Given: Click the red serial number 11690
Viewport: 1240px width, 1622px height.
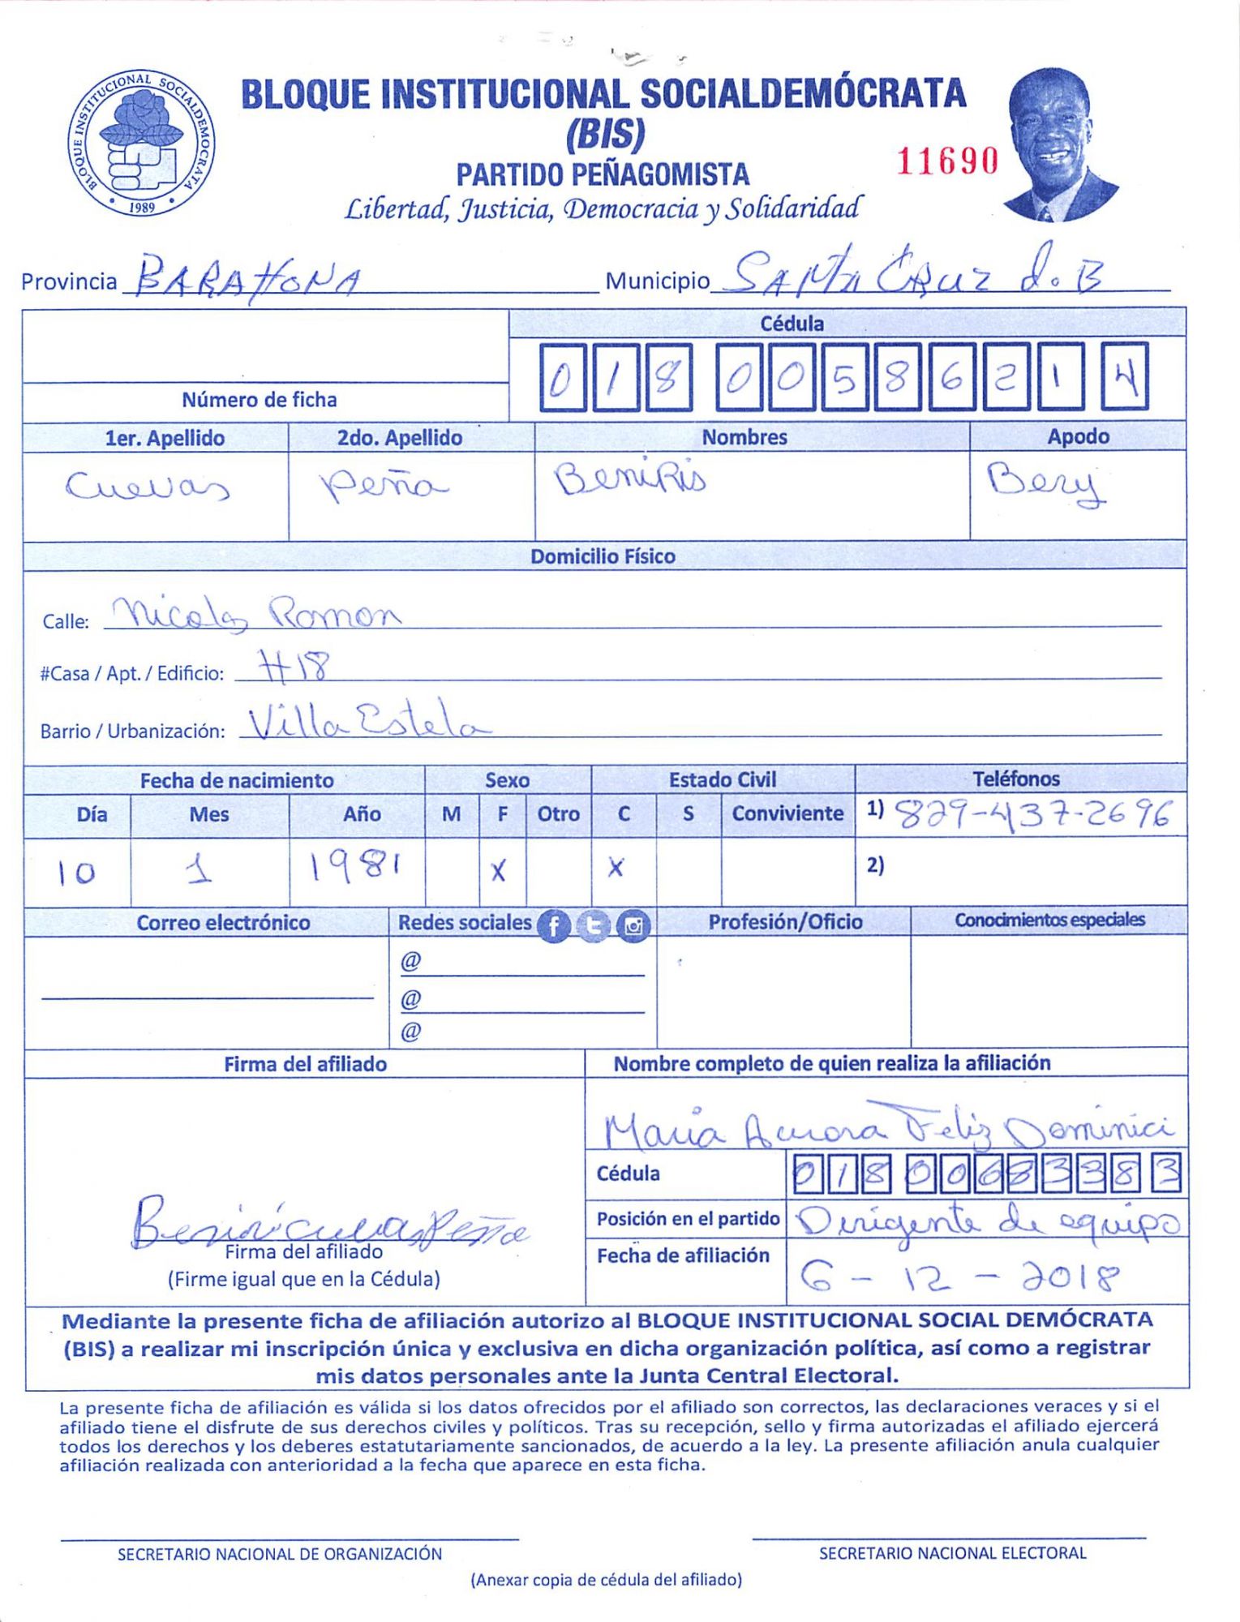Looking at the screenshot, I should tap(946, 161).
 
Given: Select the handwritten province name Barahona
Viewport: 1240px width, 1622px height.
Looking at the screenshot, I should tap(247, 278).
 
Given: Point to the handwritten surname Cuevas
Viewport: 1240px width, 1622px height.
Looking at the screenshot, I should tap(148, 487).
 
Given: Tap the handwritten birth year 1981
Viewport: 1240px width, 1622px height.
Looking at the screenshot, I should tap(354, 869).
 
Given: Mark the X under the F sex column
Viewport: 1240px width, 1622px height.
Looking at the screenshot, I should tap(498, 871).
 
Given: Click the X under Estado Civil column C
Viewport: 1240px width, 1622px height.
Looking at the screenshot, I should tap(616, 869).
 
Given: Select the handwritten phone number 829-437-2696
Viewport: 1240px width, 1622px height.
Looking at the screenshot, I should tap(1032, 814).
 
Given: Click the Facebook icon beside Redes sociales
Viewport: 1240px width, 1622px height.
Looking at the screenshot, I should tap(555, 925).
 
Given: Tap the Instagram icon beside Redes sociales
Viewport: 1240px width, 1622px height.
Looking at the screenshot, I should tap(633, 925).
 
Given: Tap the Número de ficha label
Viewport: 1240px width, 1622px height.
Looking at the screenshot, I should tap(259, 400).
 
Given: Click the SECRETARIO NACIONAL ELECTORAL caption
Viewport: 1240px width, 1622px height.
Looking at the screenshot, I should tap(952, 1553).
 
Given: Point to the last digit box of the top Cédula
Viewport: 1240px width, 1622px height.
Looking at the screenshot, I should tap(1125, 378).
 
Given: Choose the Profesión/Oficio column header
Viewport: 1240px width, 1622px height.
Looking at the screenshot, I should tap(785, 922).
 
